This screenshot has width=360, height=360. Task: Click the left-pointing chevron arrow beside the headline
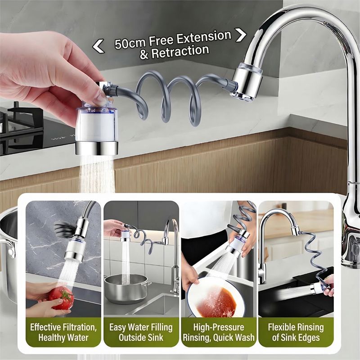[98, 46]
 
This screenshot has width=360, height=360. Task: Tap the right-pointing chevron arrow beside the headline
[241, 35]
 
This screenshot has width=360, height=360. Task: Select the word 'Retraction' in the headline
[180, 51]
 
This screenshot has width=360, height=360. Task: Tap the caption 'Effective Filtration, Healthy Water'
[63, 332]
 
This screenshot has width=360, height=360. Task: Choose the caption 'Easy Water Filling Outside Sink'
[141, 332]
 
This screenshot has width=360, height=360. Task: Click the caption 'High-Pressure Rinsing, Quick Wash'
[219, 332]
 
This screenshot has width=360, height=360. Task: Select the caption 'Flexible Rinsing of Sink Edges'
[296, 332]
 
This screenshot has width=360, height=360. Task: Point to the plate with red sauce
[216, 298]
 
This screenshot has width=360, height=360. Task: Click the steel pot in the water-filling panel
[127, 288]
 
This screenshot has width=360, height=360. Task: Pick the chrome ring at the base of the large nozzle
[97, 148]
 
